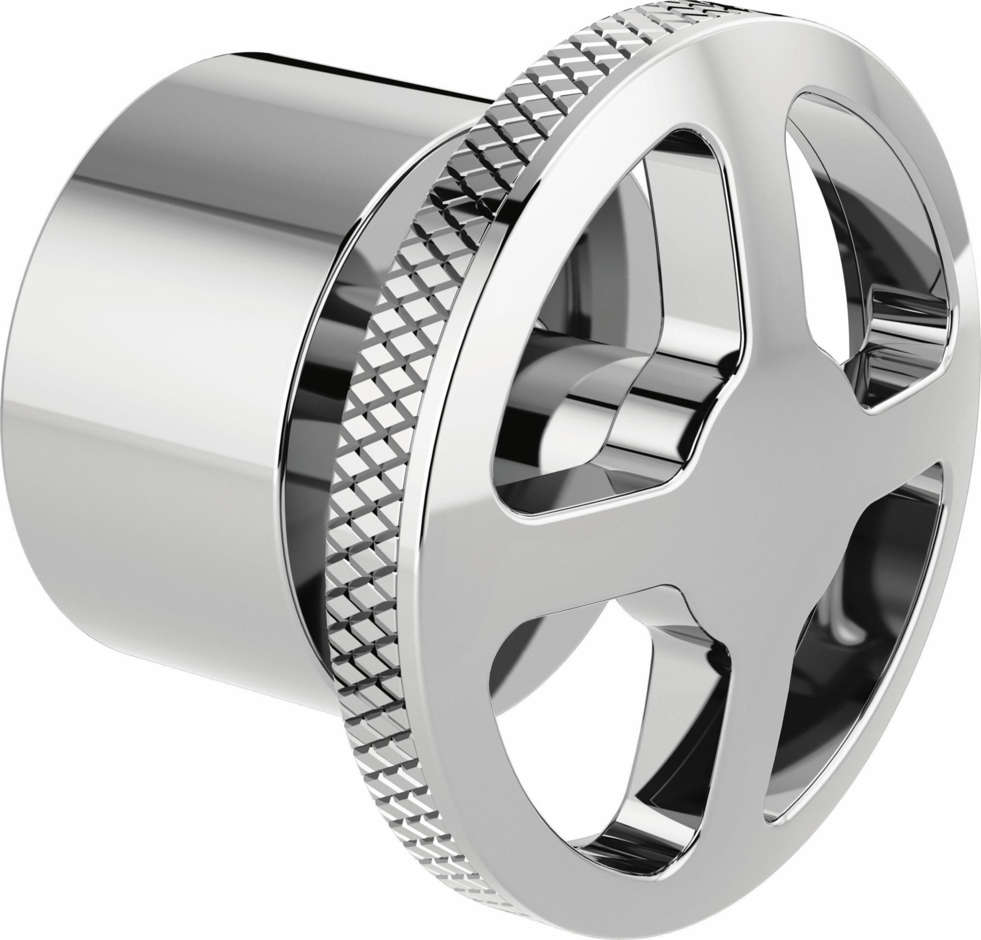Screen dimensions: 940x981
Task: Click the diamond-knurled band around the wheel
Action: point(381,451)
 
